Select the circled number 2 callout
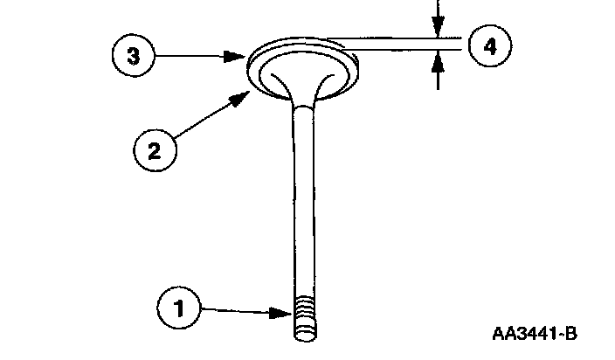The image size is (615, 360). click(x=155, y=150)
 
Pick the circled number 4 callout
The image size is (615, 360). click(x=490, y=46)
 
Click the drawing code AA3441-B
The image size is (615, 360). click(x=536, y=334)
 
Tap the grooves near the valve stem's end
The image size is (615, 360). click(x=304, y=314)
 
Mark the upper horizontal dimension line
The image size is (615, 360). click(x=393, y=38)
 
